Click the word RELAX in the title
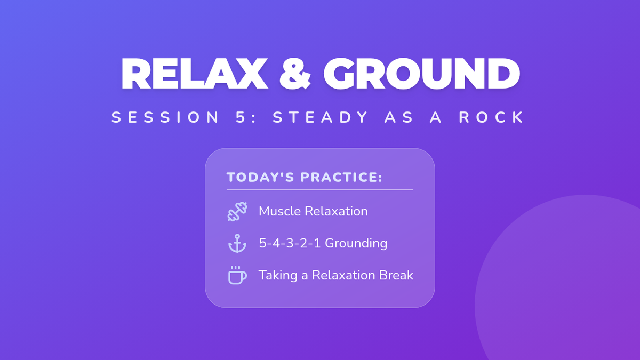(194, 74)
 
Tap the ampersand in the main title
(295, 74)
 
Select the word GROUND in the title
(421, 74)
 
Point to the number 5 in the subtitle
(241, 117)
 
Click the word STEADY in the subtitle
(320, 117)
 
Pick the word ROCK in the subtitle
(491, 117)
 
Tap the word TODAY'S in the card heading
(260, 177)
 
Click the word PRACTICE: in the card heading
(341, 177)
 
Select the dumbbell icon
(237, 211)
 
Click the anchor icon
(237, 243)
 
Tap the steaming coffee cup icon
(237, 275)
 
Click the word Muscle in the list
(279, 211)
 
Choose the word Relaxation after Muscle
(337, 211)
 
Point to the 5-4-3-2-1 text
(290, 243)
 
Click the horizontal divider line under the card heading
(320, 190)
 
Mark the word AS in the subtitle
(399, 117)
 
